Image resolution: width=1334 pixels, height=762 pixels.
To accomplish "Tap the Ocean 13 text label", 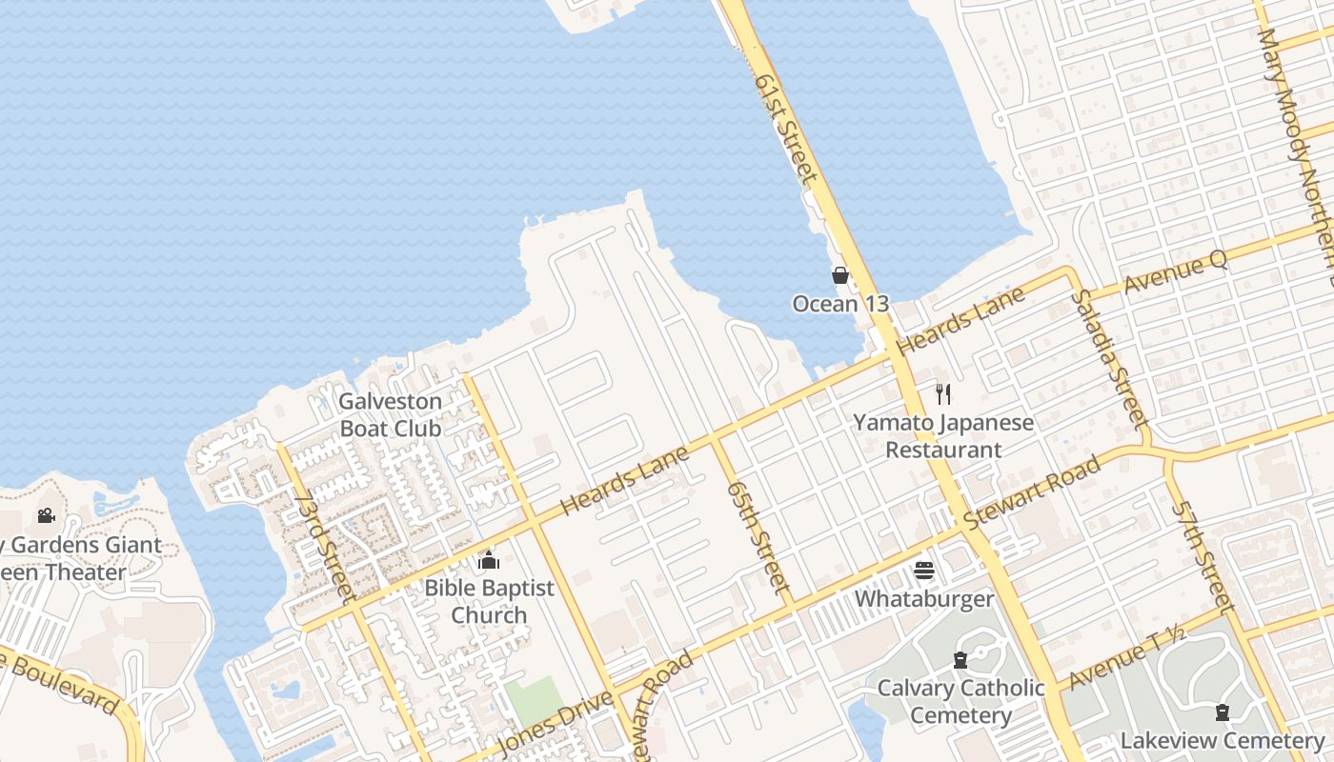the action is (x=840, y=304).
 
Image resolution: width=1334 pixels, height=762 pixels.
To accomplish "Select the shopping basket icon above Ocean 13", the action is (x=840, y=276).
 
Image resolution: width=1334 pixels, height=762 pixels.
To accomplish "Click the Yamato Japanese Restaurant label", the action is (x=943, y=435).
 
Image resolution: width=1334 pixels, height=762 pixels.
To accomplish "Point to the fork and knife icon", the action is (x=943, y=393).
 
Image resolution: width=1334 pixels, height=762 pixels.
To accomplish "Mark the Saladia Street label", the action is (x=1107, y=356).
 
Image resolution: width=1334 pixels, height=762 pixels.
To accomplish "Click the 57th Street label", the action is (x=1201, y=556).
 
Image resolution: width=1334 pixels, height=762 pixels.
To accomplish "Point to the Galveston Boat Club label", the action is (x=391, y=414).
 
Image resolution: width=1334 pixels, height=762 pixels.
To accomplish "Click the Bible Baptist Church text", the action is (x=489, y=601).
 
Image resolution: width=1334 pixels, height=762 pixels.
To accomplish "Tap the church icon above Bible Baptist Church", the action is (x=489, y=560).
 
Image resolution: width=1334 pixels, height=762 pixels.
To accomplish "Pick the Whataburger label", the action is (x=924, y=599).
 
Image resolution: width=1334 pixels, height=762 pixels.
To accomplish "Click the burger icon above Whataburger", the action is (x=924, y=571).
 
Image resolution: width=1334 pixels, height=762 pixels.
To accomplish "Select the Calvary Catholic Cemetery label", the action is (x=960, y=701).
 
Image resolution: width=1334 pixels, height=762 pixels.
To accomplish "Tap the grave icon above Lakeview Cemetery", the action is (x=1222, y=712).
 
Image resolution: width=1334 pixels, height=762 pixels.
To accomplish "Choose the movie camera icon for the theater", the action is (x=46, y=516).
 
